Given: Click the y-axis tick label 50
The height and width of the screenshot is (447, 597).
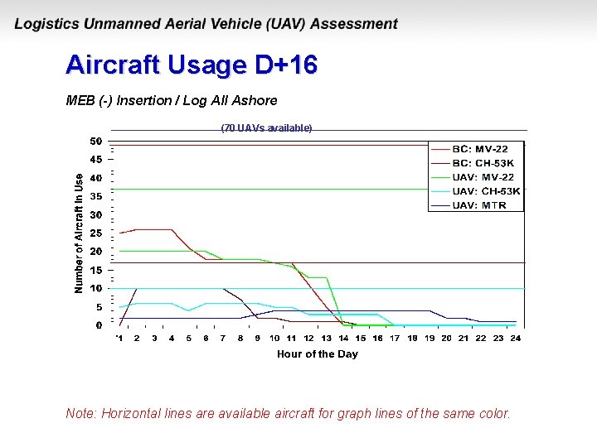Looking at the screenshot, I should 96,142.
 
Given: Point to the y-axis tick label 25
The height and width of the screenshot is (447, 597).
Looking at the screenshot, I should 96,233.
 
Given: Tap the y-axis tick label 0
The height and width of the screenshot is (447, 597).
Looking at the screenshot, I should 99,325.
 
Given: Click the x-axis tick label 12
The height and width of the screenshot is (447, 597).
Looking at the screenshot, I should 308,339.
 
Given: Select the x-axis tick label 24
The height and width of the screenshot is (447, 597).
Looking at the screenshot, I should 516,339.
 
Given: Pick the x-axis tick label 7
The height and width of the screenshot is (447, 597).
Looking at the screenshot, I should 223,339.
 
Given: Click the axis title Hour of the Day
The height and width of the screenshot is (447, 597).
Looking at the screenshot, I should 318,354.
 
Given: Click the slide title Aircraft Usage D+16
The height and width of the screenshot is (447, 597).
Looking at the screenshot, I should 192,65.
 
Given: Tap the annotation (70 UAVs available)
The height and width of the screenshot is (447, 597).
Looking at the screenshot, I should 266,128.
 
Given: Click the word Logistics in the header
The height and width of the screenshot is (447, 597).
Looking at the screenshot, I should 46,25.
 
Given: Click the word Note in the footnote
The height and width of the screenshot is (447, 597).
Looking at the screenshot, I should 80,413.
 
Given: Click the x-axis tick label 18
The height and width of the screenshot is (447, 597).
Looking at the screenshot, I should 412,339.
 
